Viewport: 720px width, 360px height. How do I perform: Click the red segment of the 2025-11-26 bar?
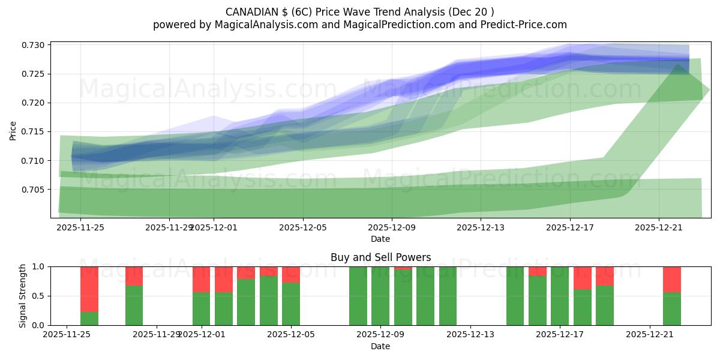(89, 289)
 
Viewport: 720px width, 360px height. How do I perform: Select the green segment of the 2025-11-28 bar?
(134, 305)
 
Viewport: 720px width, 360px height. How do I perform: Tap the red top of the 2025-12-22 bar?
(671, 279)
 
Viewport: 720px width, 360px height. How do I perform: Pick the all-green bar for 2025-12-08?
(358, 296)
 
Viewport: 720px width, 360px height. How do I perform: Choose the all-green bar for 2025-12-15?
(515, 296)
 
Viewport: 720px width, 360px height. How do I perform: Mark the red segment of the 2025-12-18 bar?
(583, 278)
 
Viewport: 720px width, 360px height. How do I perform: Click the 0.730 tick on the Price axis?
(35, 46)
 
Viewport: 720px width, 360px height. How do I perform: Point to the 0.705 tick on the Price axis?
(35, 190)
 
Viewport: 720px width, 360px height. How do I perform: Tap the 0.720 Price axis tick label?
(35, 103)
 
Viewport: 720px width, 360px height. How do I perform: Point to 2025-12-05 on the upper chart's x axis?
(303, 227)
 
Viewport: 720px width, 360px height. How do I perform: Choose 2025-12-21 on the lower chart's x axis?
(650, 335)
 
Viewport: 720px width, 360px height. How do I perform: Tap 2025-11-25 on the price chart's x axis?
(80, 227)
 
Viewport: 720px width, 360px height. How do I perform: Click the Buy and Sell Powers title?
(380, 257)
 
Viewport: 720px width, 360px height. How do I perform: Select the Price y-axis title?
(13, 130)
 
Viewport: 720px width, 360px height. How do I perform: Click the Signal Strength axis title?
(23, 296)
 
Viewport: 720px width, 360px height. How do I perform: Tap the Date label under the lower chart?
(380, 346)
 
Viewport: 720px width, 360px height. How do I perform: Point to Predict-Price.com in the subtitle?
(526, 25)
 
